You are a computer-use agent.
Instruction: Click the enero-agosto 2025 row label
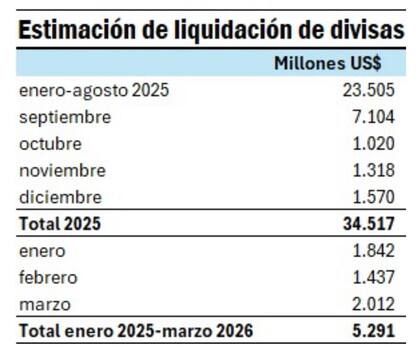94,91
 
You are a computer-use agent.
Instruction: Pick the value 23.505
367,91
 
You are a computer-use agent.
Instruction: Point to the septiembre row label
65,117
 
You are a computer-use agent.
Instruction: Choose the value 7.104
372,117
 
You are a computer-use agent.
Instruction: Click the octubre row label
52,143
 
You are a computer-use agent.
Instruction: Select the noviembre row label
63,170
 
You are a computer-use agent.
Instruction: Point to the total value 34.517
367,223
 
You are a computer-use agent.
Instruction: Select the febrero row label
49,276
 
